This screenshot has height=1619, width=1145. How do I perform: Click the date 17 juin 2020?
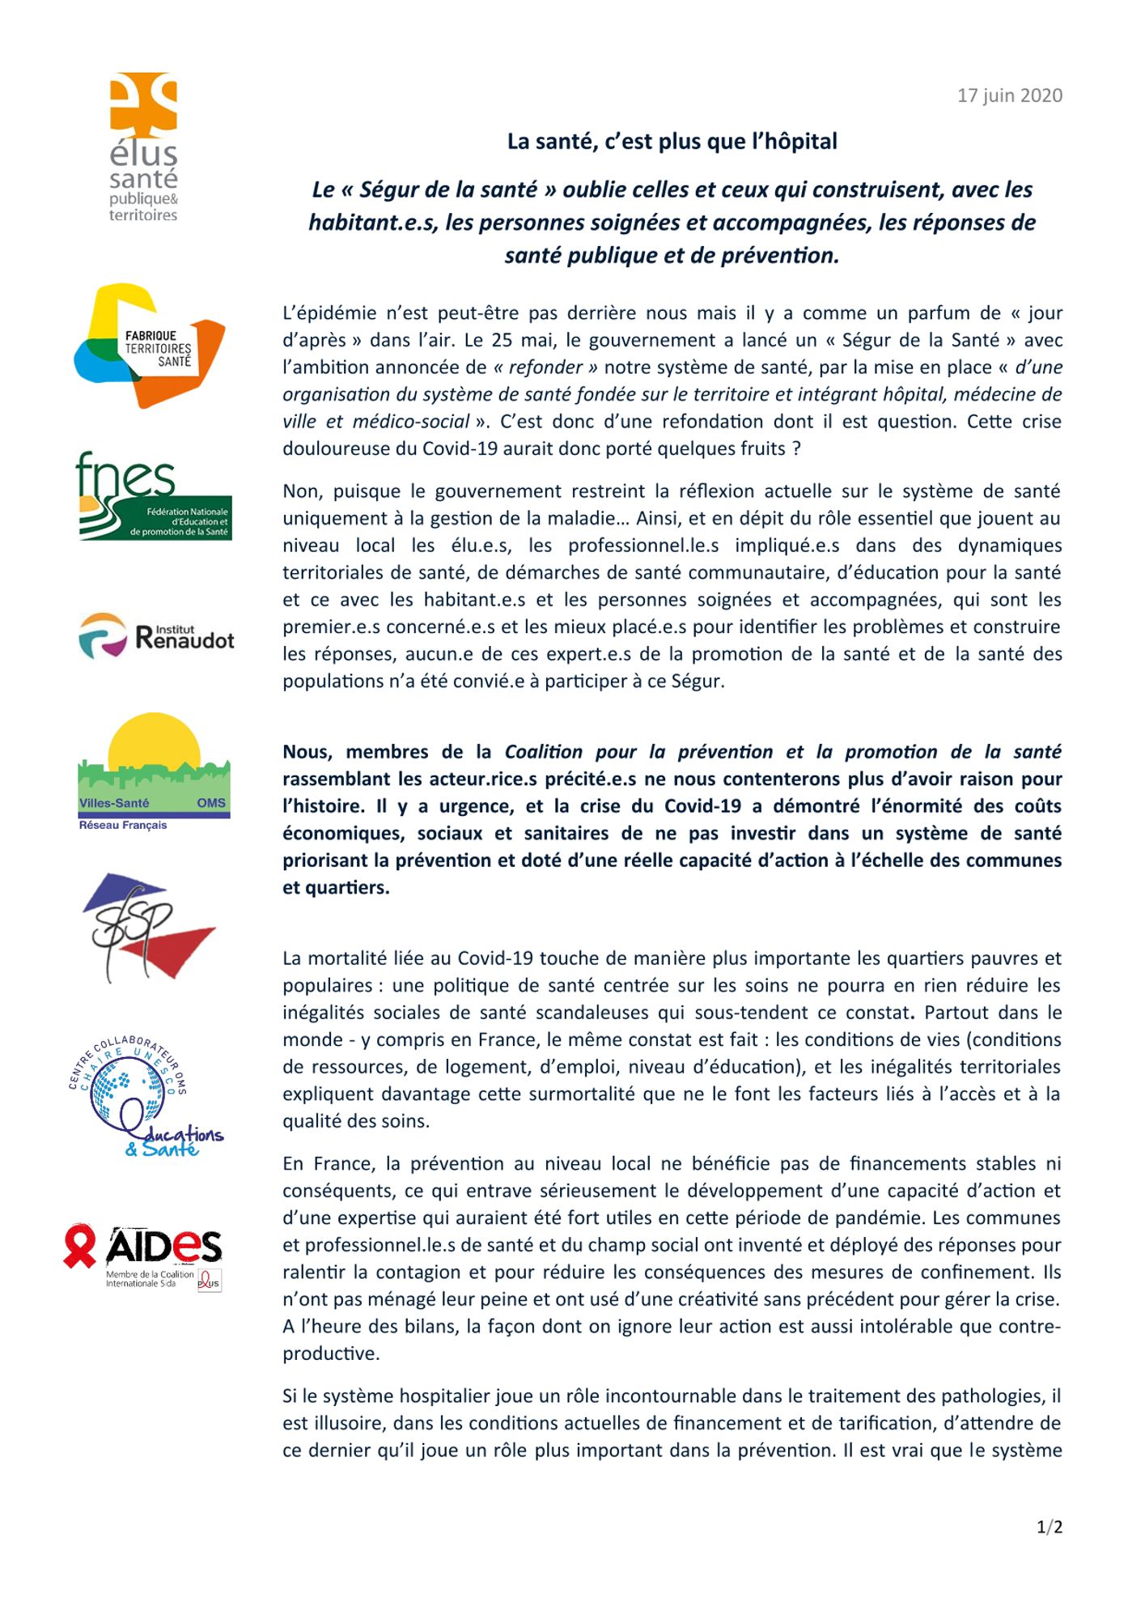coord(1009,96)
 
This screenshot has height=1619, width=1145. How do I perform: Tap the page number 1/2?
coord(1049,1527)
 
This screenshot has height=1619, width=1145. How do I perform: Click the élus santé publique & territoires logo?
coord(144,147)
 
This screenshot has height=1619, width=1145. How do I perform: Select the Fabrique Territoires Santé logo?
coord(150,346)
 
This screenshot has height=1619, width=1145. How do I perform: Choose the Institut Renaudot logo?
coord(156,636)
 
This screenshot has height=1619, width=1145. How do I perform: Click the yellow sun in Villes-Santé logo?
coord(154,738)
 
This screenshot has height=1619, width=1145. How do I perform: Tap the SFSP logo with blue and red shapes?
coord(149,926)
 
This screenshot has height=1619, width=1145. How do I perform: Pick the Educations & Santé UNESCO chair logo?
coord(146,1098)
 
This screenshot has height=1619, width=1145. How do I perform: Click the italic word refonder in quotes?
coord(545,368)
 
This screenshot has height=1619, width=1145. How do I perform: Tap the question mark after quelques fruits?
coord(797,449)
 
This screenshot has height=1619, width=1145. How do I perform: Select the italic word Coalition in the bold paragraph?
coord(544,752)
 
